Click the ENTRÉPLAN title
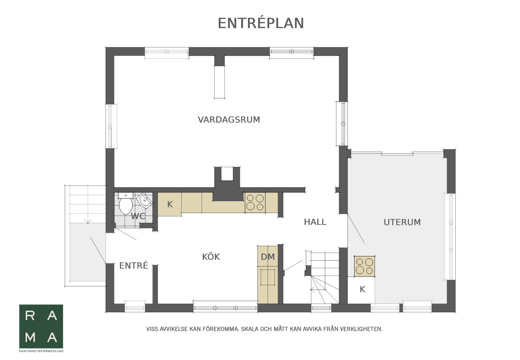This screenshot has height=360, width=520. point(261,23)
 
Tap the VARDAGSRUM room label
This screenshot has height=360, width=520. point(229,120)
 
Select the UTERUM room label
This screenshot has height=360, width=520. point(402,222)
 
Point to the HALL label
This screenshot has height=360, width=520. point(315,222)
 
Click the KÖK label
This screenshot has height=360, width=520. point(211,257)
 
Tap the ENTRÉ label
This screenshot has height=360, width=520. point(133,266)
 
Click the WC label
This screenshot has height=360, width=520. point(138,216)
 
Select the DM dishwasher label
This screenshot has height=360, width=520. point(268,257)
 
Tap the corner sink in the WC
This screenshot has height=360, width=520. point(144,201)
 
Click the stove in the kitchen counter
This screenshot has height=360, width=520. point(255,202)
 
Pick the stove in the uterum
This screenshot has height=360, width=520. point(364,266)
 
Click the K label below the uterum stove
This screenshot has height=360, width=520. point(362,289)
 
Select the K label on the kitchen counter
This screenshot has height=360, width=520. point(170,204)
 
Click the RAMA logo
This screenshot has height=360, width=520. point(41,326)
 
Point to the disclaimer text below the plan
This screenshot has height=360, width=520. point(264,329)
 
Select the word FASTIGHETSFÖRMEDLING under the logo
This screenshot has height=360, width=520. point(41,351)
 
